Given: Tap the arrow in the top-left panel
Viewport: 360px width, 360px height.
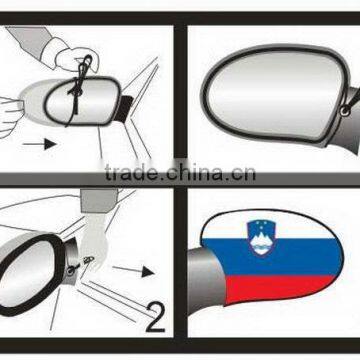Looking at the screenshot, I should coord(41,143).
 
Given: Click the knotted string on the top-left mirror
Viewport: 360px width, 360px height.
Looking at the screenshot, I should coord(86,80).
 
